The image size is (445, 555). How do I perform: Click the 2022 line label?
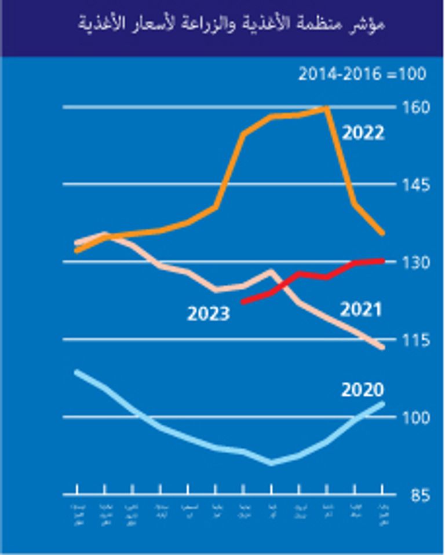tap(363, 134)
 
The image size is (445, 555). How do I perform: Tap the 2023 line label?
tap(208, 314)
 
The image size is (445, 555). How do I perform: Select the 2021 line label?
tap(360, 310)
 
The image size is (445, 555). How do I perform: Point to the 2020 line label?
tap(363, 389)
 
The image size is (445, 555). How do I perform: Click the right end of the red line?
tap(383, 261)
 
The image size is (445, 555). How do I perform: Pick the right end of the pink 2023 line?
tap(382, 347)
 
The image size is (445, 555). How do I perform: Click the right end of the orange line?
tap(382, 233)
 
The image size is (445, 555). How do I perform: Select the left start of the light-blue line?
tap(77, 372)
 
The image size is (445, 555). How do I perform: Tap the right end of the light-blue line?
tap(383, 403)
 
